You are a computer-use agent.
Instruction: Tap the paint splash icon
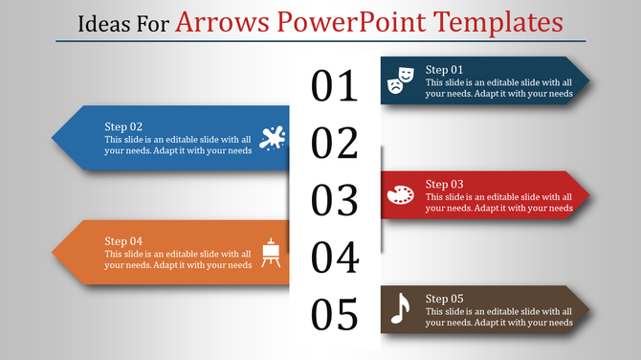[x=272, y=138]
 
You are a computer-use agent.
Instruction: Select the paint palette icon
[x=401, y=195]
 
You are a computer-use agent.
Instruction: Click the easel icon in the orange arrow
[x=272, y=252]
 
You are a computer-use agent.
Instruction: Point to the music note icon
[x=401, y=308]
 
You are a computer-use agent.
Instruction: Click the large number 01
[x=335, y=86]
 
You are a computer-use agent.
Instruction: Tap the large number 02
[x=335, y=144]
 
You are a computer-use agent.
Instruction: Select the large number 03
[x=335, y=201]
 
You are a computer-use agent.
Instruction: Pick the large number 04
[x=335, y=258]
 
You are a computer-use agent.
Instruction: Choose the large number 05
[x=335, y=314]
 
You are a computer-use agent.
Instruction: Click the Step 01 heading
[x=444, y=70]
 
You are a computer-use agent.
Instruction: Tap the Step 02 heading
[x=123, y=126]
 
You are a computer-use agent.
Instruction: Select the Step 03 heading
[x=444, y=184]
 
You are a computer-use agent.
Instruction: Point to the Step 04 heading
[x=123, y=240]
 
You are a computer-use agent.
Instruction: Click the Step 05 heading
[x=444, y=298]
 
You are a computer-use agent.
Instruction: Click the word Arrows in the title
[x=215, y=20]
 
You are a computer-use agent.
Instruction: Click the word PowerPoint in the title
[x=340, y=20]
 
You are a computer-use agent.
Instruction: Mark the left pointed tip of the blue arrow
[x=53, y=138]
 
